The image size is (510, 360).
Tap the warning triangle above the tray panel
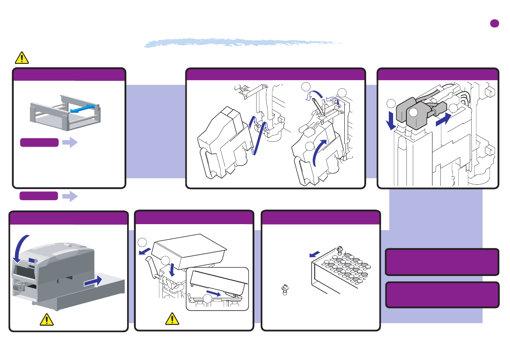coord(22,57)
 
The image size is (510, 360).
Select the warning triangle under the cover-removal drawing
coord(172,318)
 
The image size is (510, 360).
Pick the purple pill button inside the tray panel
coord(39,143)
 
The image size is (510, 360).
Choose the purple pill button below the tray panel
coord(39,196)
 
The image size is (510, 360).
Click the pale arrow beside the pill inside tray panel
coord(70,143)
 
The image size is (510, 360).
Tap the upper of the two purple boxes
coord(442,261)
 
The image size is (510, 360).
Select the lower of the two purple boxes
coord(442,295)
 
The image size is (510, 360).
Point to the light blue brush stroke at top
coord(242,43)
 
